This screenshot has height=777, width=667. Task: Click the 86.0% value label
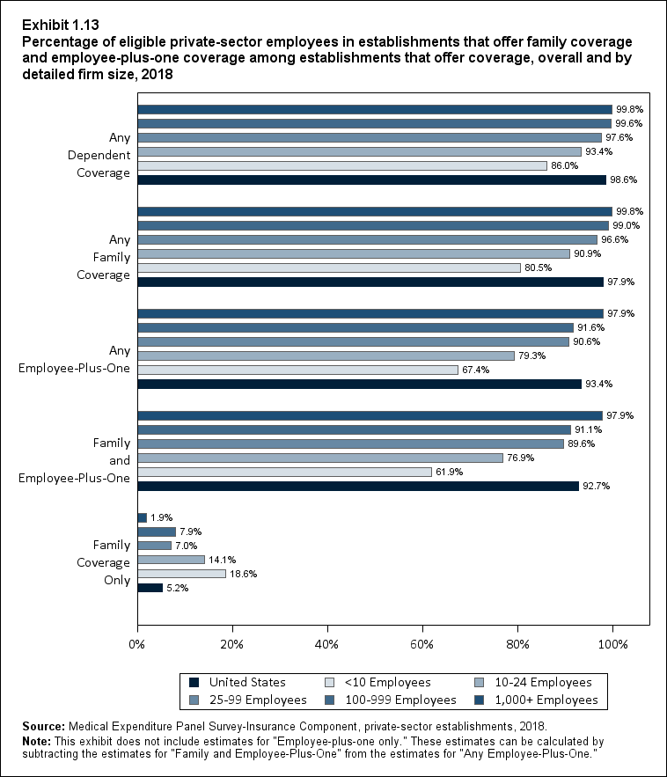(x=565, y=165)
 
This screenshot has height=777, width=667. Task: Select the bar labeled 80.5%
(x=329, y=268)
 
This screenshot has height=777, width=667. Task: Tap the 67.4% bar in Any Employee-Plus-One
(x=298, y=370)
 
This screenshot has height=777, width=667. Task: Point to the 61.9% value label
(x=450, y=472)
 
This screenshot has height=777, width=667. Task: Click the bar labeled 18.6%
(x=181, y=574)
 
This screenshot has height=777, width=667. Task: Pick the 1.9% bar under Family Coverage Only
(x=142, y=517)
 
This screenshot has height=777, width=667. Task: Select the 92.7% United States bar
(x=358, y=486)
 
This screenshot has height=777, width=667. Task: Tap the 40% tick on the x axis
(x=327, y=644)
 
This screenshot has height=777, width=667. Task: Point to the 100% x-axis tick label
(x=612, y=644)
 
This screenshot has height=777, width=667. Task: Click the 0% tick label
(x=137, y=644)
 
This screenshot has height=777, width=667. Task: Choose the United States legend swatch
(x=194, y=682)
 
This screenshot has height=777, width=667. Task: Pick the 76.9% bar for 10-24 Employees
(x=320, y=458)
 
